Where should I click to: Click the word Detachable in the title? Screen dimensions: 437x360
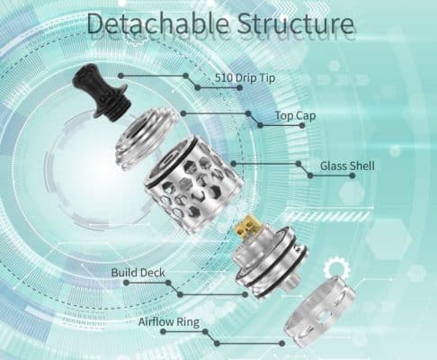coord(159,23)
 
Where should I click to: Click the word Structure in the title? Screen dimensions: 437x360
coord(296,23)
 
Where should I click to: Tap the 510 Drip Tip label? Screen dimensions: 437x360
coord(245,77)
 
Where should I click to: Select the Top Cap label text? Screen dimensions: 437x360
coord(296,116)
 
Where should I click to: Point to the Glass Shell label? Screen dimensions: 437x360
coord(347,166)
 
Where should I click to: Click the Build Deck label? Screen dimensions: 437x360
coord(138,273)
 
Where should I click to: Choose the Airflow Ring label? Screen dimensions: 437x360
coord(169,322)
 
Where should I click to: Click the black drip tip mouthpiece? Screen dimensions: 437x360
coord(101,94)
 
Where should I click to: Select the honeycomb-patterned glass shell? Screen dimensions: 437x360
coord(193,184)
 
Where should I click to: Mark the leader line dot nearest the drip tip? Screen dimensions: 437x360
coord(120,76)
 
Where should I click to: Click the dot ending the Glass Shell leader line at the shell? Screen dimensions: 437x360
coord(234,164)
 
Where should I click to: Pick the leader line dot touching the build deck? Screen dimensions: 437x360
coord(245,294)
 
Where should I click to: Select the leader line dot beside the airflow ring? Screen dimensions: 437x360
coord(281,344)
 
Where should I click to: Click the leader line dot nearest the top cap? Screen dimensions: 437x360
coord(183,113)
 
